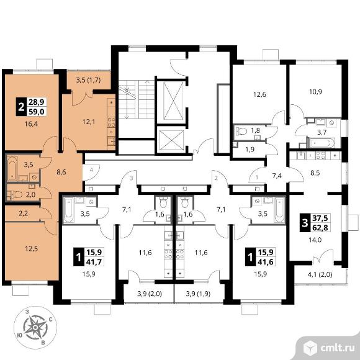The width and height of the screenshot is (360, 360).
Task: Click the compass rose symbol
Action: pos(35,327)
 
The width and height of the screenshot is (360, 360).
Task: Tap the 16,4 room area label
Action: pos(32,124)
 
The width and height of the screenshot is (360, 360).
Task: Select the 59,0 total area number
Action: pos(37,112)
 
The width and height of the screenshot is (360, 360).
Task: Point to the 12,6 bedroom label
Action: pos(259,94)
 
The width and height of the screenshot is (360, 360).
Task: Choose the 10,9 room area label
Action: pos(316,92)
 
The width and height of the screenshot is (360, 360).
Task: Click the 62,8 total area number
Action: pos(320,228)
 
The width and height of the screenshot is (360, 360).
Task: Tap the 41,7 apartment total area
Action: pos(94,262)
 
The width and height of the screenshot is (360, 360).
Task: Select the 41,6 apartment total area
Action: pos(266,262)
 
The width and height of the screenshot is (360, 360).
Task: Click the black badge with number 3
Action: pos(305,223)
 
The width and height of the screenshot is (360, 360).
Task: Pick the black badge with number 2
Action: pos(21,107)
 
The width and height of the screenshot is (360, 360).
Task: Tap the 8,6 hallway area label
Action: pos(61,172)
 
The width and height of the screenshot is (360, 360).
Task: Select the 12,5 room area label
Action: pos(32,249)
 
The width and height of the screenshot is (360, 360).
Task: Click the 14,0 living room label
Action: pos(315,240)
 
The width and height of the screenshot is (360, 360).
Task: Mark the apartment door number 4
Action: pos(91,170)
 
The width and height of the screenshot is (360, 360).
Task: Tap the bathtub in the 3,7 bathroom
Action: pos(321,143)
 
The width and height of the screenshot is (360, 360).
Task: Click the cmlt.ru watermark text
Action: pos(337,348)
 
